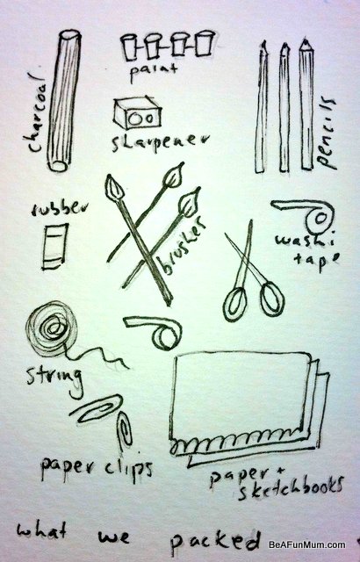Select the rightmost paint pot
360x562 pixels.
[x=205, y=43]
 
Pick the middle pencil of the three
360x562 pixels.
[x=284, y=105]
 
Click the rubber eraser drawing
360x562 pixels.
[x=55, y=244]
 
